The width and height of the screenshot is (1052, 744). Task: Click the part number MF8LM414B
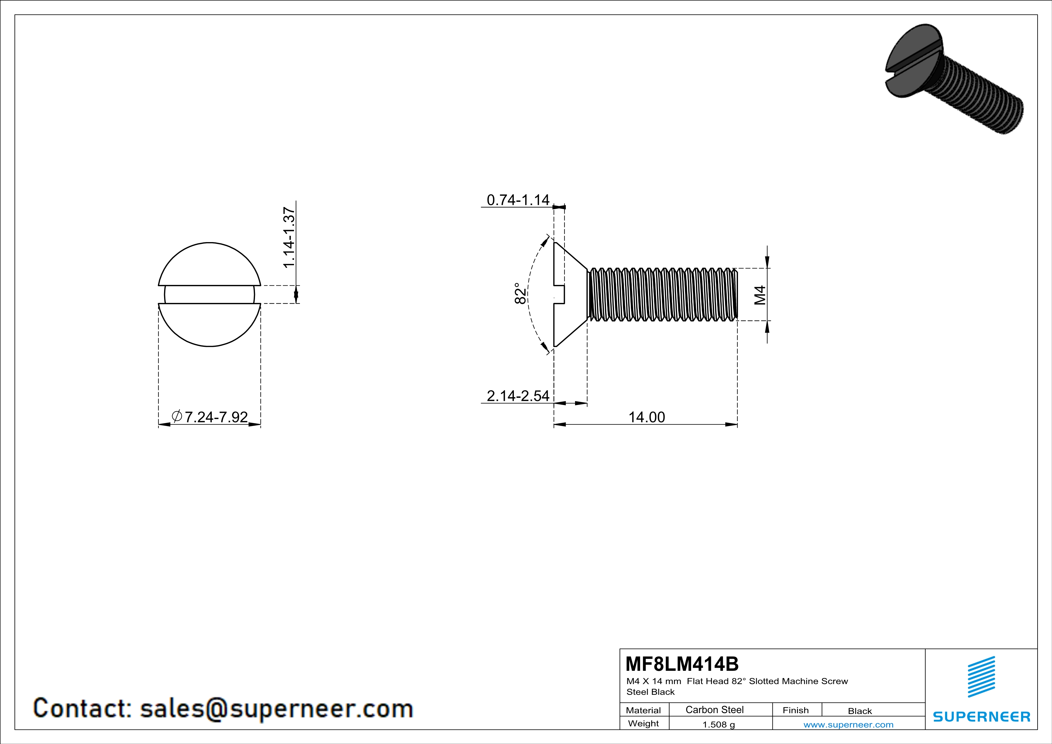pos(682,664)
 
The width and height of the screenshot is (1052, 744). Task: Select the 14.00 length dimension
pos(646,417)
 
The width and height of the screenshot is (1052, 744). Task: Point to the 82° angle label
pos(520,293)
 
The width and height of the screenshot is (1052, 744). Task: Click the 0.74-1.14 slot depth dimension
pos(518,200)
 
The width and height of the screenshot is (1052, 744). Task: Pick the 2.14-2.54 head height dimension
pos(518,396)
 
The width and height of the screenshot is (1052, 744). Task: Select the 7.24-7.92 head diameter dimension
pos(216,417)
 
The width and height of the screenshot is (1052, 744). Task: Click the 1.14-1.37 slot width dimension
pos(289,237)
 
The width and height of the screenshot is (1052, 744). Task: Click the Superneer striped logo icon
pos(981,677)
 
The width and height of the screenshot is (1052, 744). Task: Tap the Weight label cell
pos(643,723)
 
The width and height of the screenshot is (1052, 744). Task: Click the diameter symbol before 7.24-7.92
pos(177,416)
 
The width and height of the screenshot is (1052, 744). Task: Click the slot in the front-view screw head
pos(209,294)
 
